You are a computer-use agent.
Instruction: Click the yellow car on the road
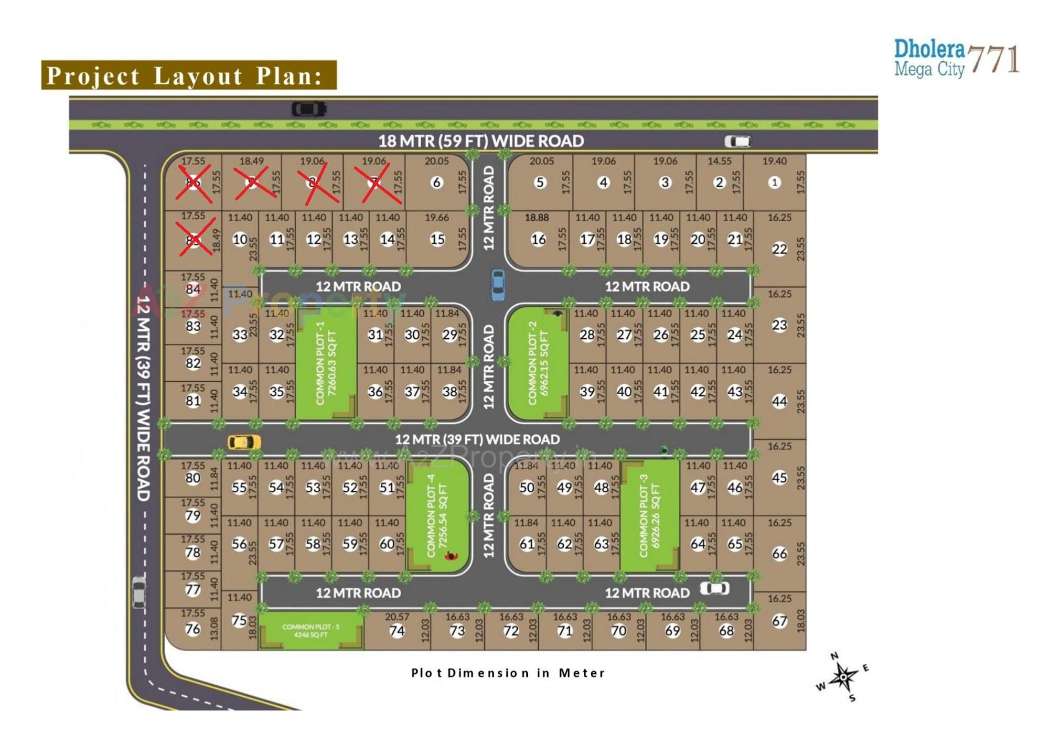click(244, 442)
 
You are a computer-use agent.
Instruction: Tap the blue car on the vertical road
click(498, 285)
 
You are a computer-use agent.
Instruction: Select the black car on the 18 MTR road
click(309, 109)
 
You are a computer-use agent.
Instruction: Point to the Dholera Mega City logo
click(957, 57)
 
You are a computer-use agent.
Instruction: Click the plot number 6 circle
click(437, 182)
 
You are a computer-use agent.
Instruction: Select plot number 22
click(779, 249)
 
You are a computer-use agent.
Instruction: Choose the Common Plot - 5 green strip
click(311, 631)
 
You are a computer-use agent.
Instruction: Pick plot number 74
click(397, 631)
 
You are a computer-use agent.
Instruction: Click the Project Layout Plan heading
click(189, 75)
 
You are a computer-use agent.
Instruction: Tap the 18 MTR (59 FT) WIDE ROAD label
click(481, 141)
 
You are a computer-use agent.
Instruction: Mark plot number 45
click(779, 478)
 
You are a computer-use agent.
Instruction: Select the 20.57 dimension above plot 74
click(397, 617)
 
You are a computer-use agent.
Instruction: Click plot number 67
click(779, 621)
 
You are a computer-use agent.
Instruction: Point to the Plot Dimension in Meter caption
click(508, 673)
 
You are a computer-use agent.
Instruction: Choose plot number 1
click(774, 182)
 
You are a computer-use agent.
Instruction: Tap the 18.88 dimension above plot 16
click(537, 218)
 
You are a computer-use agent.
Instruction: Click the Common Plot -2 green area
click(537, 363)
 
